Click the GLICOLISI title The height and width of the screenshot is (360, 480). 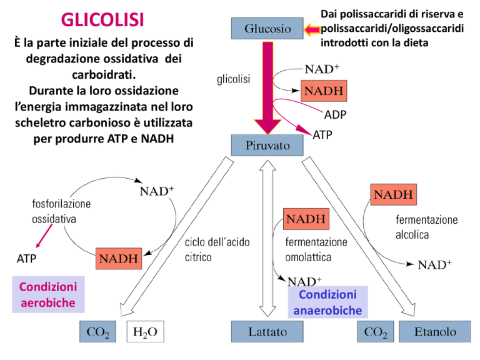click(102, 21)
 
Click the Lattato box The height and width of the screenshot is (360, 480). click(268, 332)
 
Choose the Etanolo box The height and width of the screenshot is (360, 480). click(436, 332)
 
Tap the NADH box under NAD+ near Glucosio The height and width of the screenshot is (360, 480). click(323, 92)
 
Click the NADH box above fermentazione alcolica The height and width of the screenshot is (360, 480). click(394, 194)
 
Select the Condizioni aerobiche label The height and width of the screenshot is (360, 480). click(48, 294)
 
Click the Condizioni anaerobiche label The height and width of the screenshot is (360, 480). click(326, 302)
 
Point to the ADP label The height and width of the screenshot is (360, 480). click(335, 115)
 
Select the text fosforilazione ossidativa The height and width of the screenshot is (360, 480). click(61, 211)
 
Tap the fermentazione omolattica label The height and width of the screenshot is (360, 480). click(316, 249)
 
